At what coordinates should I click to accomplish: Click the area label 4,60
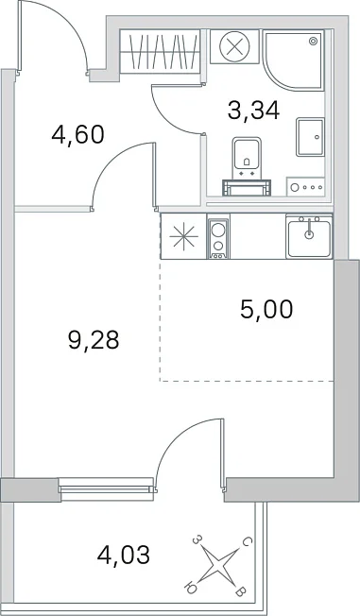click(77, 135)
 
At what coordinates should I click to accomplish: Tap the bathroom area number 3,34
click(253, 111)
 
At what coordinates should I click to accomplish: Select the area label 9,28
click(94, 340)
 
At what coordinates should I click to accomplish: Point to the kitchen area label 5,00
click(266, 309)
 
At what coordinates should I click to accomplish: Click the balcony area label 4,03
click(124, 556)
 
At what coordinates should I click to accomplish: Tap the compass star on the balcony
click(217, 566)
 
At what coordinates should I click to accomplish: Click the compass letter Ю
click(190, 588)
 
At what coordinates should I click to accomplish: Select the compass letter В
click(241, 591)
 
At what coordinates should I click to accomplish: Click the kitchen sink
click(309, 237)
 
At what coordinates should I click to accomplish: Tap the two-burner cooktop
click(218, 239)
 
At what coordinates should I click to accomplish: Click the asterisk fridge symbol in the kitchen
click(183, 238)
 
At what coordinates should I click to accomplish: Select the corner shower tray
click(294, 59)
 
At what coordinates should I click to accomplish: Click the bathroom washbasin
click(311, 136)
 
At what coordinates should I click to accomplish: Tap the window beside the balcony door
click(106, 489)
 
